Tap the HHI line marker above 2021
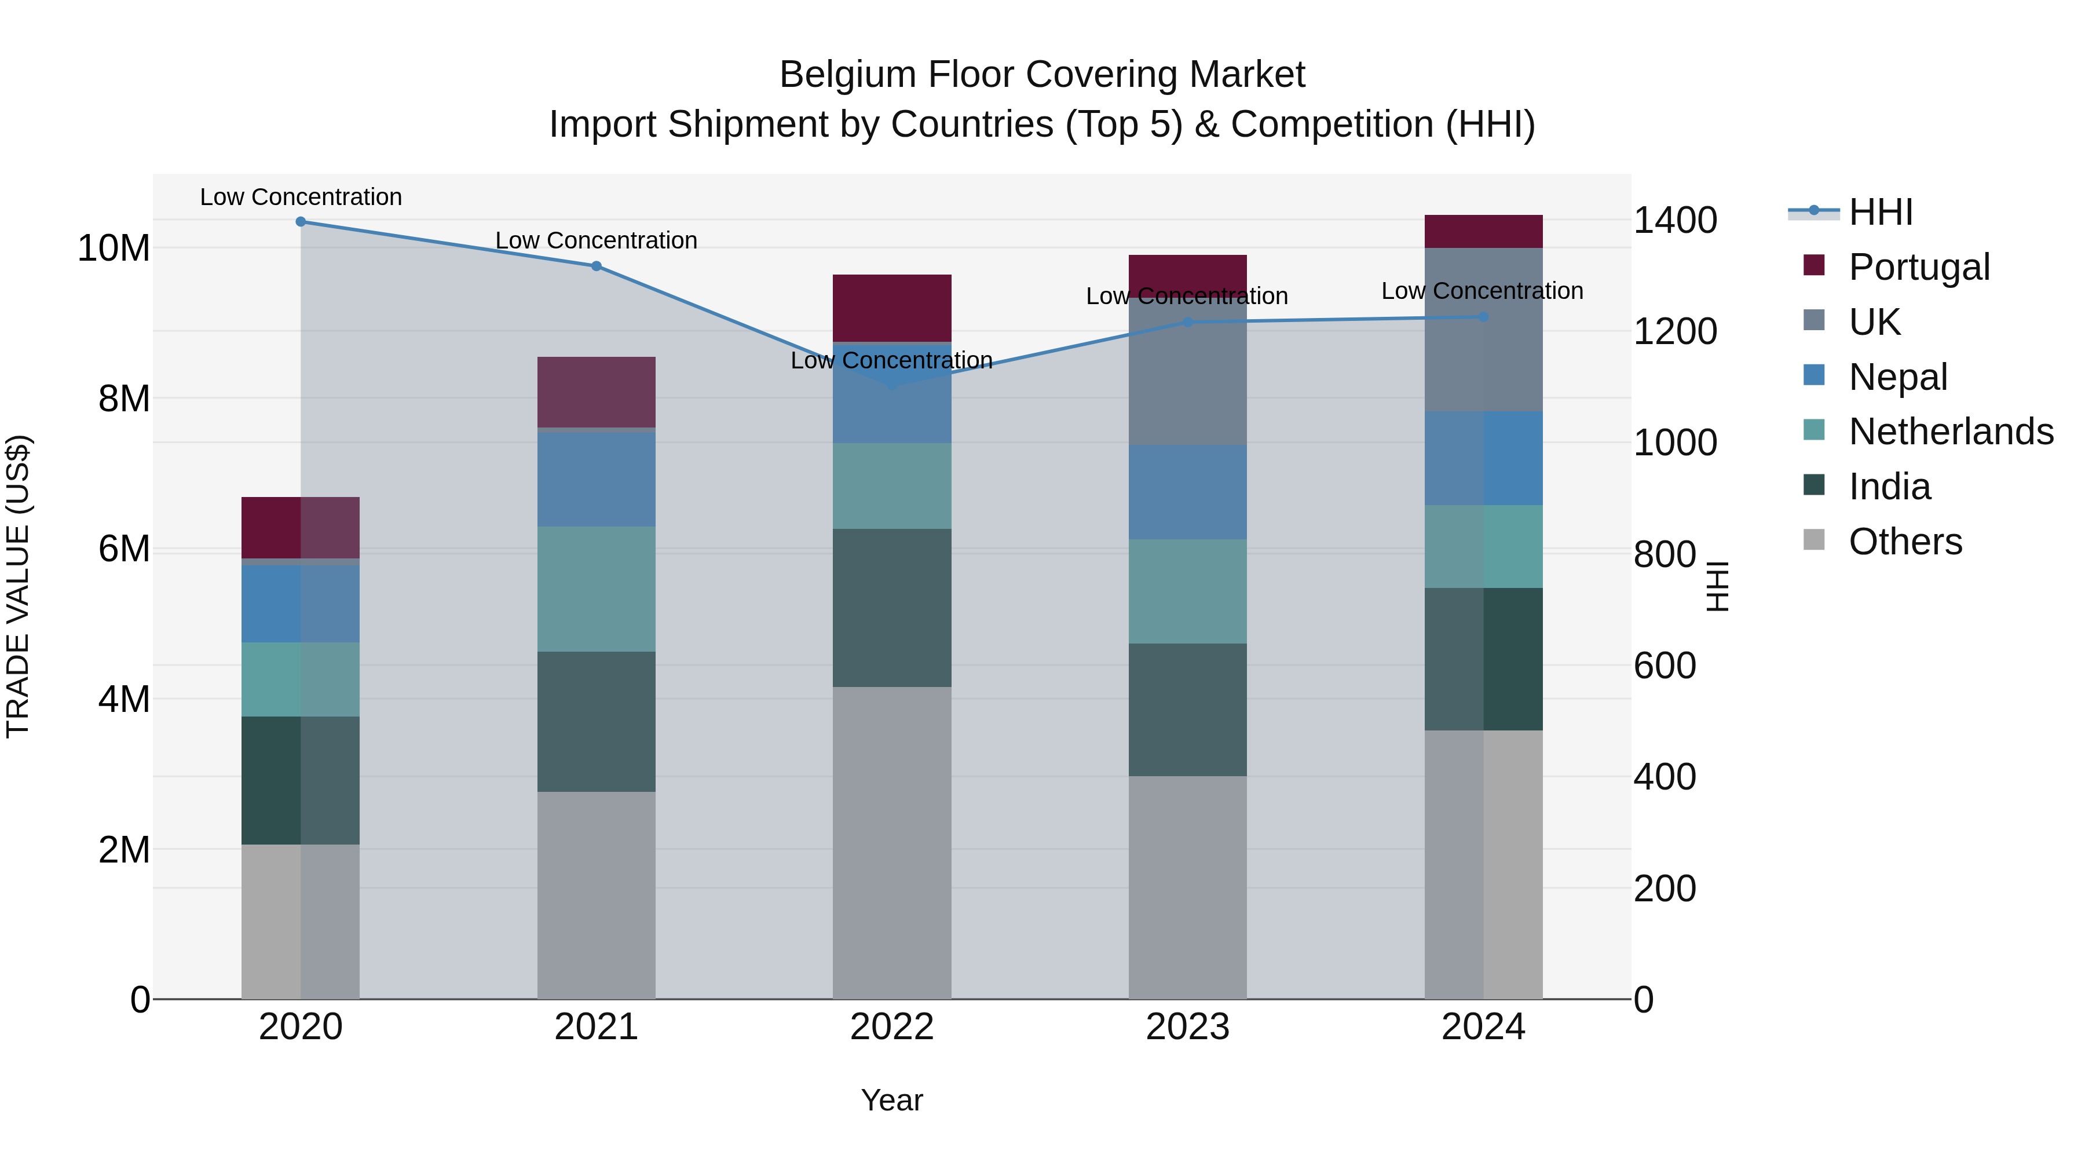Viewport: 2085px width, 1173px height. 596,265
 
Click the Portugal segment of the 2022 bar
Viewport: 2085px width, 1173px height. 891,308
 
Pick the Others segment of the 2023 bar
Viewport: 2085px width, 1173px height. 1187,886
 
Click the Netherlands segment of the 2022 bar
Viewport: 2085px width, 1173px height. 891,486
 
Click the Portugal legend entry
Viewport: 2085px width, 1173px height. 1918,266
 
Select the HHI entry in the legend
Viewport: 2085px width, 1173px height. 1879,212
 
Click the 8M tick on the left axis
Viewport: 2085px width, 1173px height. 124,399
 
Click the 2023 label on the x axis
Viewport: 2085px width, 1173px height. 1187,1026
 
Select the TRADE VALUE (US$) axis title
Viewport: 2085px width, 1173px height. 18,586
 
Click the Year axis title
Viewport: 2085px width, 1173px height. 891,1100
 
